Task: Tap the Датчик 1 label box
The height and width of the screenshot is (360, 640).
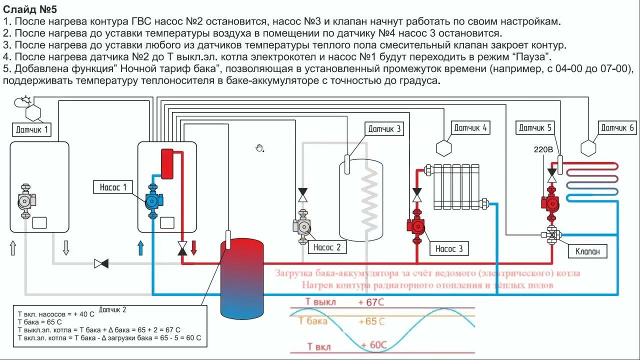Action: pos(33,130)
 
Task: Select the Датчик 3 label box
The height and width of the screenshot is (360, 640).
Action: pos(384,129)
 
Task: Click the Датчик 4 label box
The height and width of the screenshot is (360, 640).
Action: pos(470,128)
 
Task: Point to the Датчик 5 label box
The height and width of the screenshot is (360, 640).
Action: pos(535,128)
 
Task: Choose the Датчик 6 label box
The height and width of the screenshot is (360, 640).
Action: pos(617,128)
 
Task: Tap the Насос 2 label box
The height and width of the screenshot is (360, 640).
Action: pos(327,247)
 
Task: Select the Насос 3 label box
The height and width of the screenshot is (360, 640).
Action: pos(449,248)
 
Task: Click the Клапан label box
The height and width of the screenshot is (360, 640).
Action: pos(587,251)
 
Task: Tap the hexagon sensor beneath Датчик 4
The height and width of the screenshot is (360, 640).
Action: pos(443,148)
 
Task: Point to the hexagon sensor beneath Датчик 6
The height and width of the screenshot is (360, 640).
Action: pos(588,148)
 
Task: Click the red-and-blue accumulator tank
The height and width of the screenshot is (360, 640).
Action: pos(242,278)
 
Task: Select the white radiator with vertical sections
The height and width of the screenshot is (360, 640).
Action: pos(456,186)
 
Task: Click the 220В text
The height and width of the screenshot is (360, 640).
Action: pos(544,149)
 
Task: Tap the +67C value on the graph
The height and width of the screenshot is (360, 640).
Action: pos(371,302)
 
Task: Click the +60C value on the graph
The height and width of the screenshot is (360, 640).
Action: pos(372,345)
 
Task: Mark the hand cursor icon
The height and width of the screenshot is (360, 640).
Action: pos(259,147)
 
